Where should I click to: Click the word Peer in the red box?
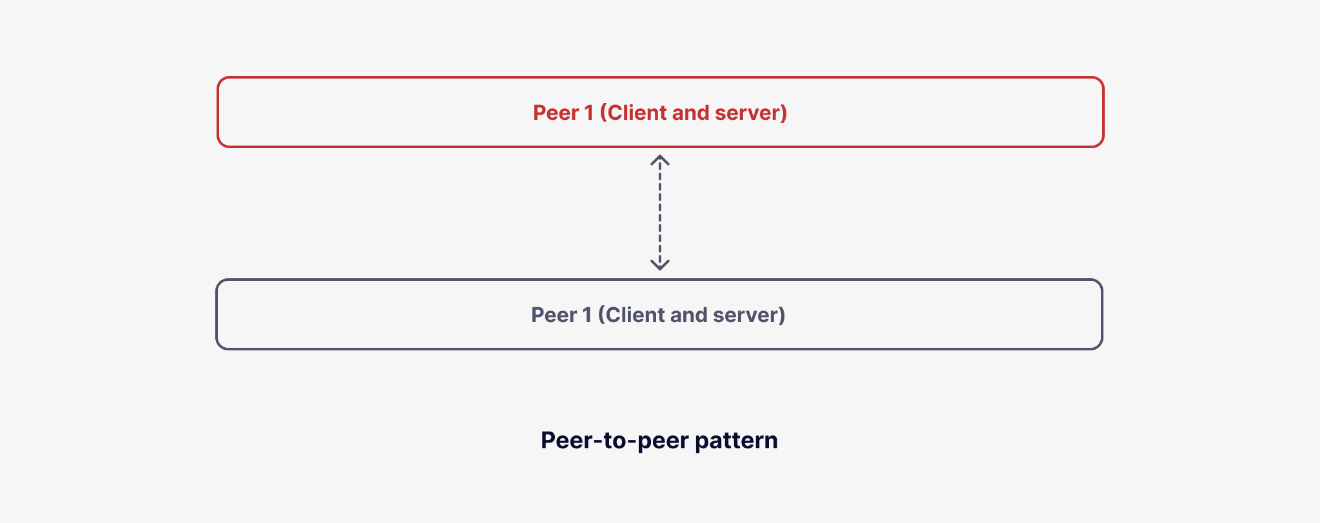coord(556,113)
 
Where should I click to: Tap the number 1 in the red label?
coord(588,113)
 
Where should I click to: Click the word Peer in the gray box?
coord(554,315)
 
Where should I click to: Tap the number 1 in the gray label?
coord(587,315)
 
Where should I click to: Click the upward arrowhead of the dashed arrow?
coord(659,159)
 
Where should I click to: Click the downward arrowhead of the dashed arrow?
coord(659,265)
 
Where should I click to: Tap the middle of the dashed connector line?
coord(659,213)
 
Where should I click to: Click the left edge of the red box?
coord(218,113)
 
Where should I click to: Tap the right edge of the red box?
coord(1103,113)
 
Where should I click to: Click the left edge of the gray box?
coord(217,315)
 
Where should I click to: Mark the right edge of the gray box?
coord(1102,315)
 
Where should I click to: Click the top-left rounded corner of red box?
coord(222,82)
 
